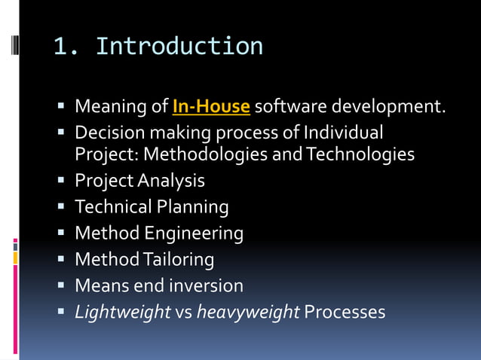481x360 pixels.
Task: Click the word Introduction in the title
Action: coord(179,47)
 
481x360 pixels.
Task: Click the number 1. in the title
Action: coord(67,47)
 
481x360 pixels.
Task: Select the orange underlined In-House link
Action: coord(211,107)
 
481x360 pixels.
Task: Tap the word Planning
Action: coord(191,206)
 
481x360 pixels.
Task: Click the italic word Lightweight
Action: coord(123,312)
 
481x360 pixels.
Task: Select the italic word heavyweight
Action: coord(248,312)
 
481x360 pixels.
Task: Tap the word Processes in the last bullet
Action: coord(345,312)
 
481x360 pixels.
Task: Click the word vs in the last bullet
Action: coord(183,312)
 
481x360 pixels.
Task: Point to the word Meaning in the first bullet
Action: coord(106,107)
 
